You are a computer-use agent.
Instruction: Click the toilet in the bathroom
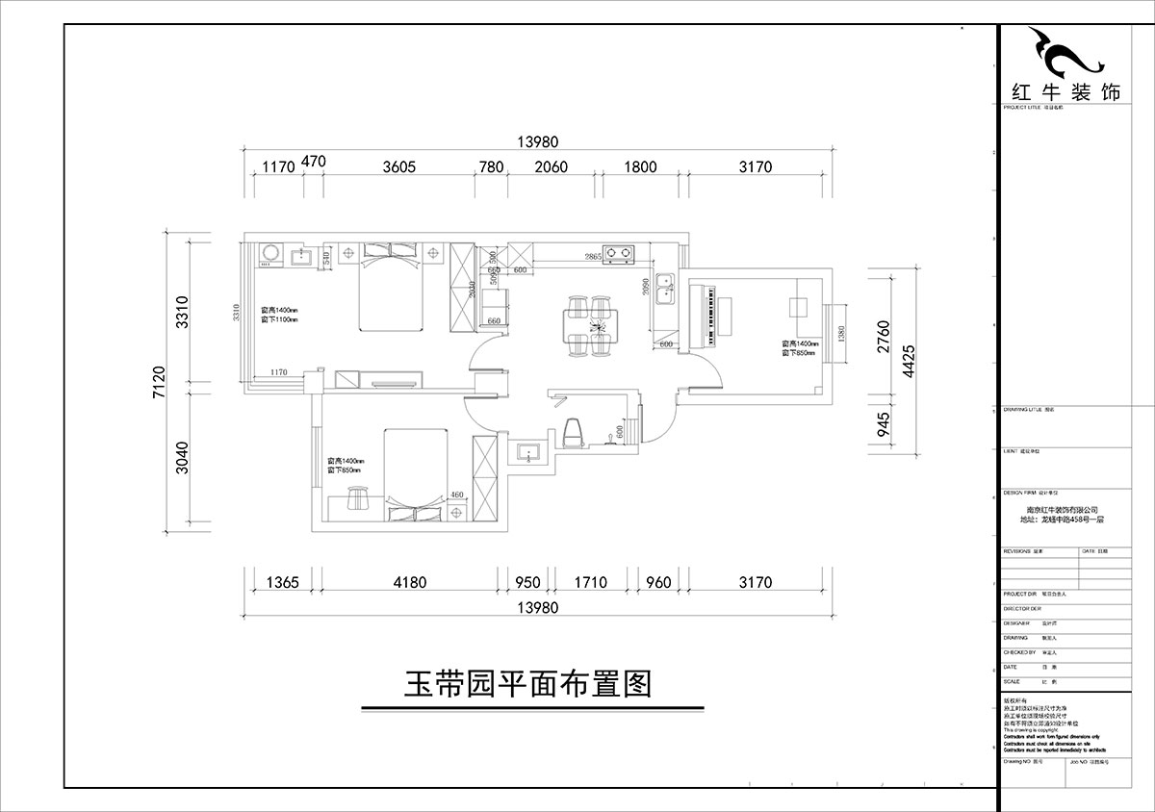point(574,434)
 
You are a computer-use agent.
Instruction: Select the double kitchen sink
point(664,287)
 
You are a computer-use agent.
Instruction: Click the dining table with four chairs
point(588,325)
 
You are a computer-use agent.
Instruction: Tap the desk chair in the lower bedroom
point(358,497)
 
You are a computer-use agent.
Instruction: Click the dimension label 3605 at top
point(398,166)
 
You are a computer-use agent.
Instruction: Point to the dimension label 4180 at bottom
point(409,582)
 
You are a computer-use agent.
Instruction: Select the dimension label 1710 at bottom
point(590,582)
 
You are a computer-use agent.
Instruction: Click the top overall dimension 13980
point(537,141)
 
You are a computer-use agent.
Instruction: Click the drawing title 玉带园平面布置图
point(527,684)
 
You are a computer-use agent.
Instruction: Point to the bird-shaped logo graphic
point(1062,54)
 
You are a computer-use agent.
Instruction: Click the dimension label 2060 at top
point(551,166)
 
